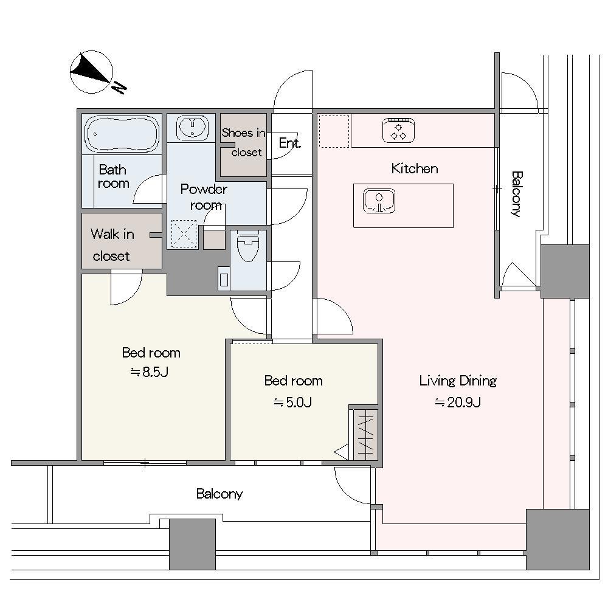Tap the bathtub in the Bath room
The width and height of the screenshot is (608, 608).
coord(122,134)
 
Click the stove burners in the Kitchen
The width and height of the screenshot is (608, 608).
coord(398,130)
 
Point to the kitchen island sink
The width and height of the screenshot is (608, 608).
coord(379,201)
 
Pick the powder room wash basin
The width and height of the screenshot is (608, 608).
coord(192,127)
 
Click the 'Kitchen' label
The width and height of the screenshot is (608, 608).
coord(415,168)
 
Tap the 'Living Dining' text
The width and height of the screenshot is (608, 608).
coord(458,381)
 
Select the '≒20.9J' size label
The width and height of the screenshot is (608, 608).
coord(458,402)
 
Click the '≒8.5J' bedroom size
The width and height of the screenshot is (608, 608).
coord(150,372)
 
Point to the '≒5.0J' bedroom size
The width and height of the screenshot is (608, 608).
coord(293,402)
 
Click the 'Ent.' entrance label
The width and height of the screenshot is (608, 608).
coord(289,143)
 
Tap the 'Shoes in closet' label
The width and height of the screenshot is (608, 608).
coord(244,142)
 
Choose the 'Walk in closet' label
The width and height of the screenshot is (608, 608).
coord(112,244)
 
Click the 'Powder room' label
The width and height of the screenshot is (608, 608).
coord(204,196)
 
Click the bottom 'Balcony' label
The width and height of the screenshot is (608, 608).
coord(219,494)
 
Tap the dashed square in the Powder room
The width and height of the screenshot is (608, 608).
coord(184,234)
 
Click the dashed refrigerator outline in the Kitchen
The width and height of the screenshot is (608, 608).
coord(334,131)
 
